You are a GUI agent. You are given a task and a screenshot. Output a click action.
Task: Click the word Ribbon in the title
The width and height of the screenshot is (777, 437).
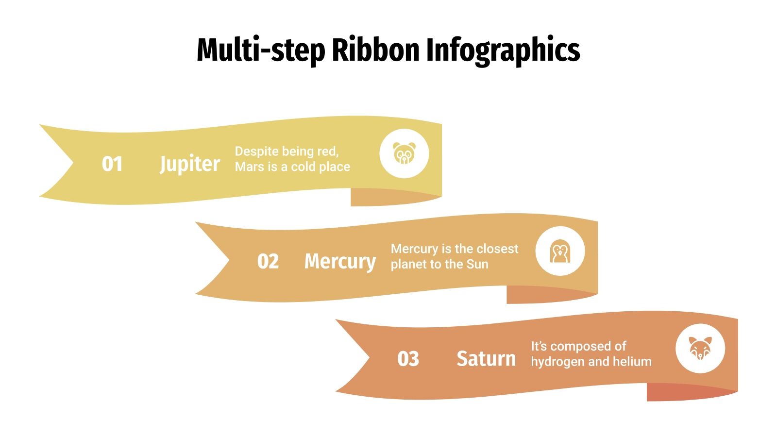click(375, 50)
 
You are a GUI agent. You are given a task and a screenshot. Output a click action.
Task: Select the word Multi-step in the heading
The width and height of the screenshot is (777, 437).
click(260, 50)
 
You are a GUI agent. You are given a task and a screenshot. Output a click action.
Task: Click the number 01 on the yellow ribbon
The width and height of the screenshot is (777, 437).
click(112, 164)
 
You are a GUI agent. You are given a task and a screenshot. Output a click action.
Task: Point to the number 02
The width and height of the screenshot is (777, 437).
click(268, 262)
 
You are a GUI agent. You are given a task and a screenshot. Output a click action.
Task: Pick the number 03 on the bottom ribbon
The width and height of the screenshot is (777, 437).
click(408, 359)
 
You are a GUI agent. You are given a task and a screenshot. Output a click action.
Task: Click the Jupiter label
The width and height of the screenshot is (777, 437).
click(190, 164)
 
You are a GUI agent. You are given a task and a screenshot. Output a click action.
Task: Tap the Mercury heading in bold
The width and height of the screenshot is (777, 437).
click(340, 262)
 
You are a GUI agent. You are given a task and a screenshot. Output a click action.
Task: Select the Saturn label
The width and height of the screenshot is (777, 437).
click(486, 359)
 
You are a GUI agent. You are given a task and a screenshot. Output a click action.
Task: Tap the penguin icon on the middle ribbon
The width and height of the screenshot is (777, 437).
click(560, 252)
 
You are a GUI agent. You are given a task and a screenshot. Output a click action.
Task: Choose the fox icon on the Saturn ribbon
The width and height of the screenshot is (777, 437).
click(700, 348)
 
